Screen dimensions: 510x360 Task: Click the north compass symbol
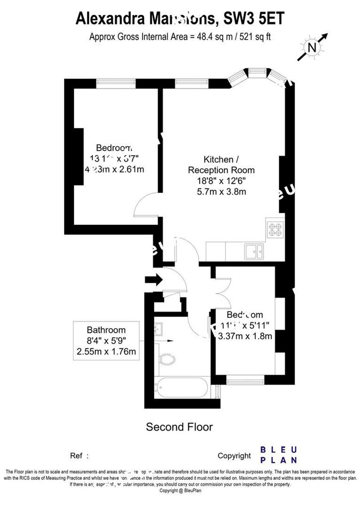pyautogui.click(x=312, y=47)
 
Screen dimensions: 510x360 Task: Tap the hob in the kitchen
pyautogui.click(x=275, y=229)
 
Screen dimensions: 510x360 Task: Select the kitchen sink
pyautogui.click(x=254, y=251)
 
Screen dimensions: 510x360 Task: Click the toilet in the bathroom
pyautogui.click(x=167, y=360)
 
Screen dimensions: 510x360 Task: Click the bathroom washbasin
pyautogui.click(x=159, y=327)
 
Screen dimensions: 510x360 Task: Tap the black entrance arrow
pyautogui.click(x=153, y=280)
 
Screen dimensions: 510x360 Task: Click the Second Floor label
pyautogui.click(x=179, y=427)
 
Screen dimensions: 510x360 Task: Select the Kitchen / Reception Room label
pyautogui.click(x=221, y=164)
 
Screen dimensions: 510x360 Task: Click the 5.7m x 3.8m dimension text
pyautogui.click(x=221, y=192)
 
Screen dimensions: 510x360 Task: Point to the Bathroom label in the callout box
pyautogui.click(x=106, y=330)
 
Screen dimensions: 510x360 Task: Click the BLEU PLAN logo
pyautogui.click(x=279, y=454)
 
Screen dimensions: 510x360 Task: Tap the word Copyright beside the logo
pyautogui.click(x=234, y=456)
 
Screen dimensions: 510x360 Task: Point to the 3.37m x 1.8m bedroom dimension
pyautogui.click(x=245, y=336)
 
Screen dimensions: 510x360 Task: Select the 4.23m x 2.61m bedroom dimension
pyautogui.click(x=114, y=169)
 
